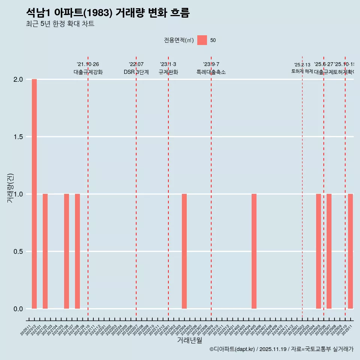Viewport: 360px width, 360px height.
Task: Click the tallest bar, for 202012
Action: point(34,194)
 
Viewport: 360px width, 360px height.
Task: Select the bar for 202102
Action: point(45,251)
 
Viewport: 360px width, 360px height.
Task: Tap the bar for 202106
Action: point(66,251)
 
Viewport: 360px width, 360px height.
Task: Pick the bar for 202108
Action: point(77,251)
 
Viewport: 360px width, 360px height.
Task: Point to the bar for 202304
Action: point(184,251)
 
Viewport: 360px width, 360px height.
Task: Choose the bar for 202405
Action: point(254,251)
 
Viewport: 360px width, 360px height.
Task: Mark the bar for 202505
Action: point(318,251)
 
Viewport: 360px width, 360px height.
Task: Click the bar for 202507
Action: point(329,251)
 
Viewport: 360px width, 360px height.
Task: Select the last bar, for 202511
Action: point(350,251)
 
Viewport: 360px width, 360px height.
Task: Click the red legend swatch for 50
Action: point(202,40)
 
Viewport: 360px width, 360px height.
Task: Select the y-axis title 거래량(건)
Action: point(10,188)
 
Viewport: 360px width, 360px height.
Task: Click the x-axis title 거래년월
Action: point(189,340)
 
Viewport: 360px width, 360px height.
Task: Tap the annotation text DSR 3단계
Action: point(136,72)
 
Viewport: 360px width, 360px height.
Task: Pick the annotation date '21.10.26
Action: point(88,64)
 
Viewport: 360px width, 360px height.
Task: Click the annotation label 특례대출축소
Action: point(211,72)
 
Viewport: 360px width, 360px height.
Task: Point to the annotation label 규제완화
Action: point(168,72)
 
